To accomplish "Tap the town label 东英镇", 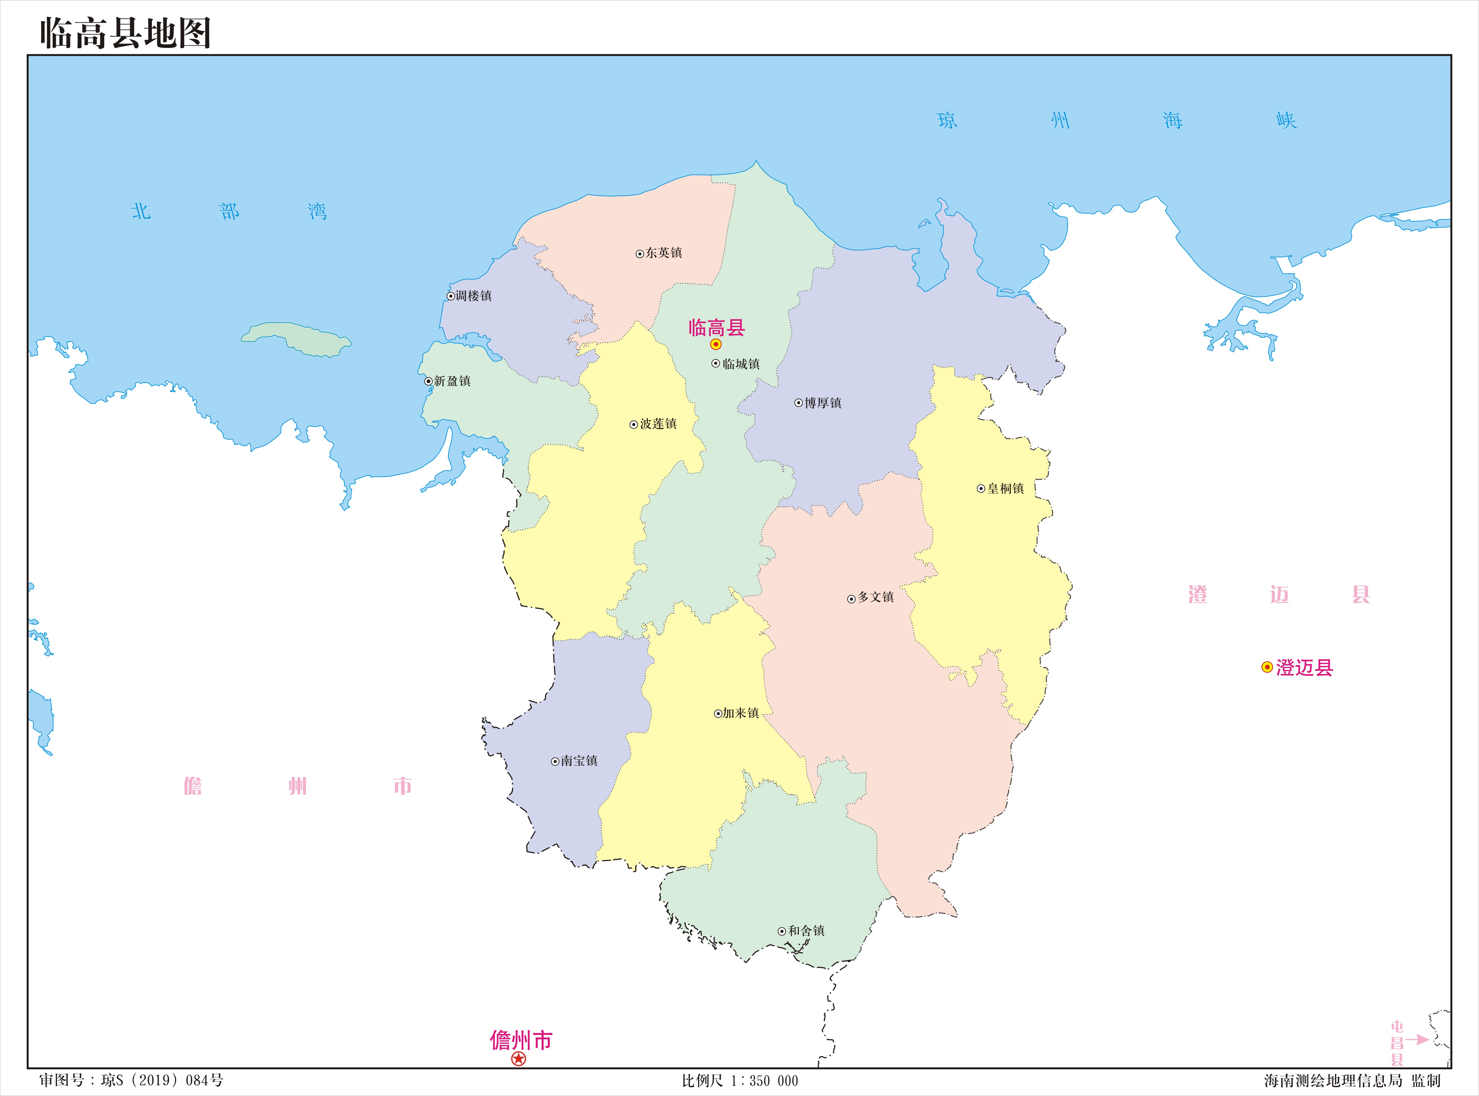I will (663, 253).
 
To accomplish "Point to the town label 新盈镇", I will (452, 381).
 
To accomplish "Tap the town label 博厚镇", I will (822, 403).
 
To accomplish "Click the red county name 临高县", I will (716, 327).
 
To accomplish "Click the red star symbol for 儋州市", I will (519, 1059).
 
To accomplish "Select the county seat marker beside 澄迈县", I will (1267, 667).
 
